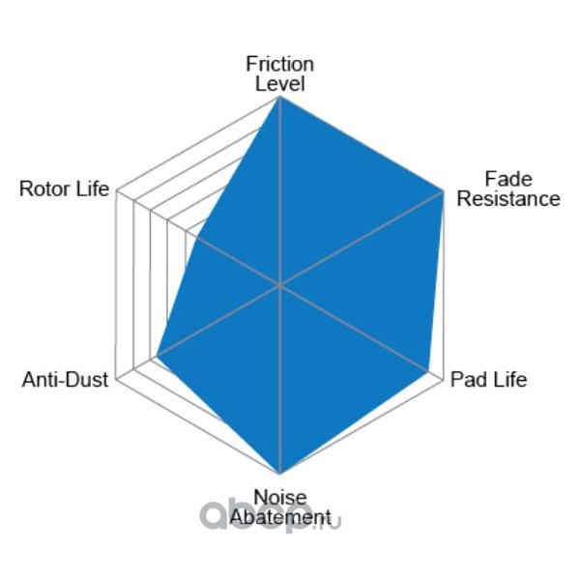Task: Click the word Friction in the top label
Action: pos(279,64)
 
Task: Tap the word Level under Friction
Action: pos(279,83)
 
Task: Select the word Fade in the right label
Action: pos(508,179)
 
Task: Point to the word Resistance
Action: pos(508,199)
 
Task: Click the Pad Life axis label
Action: pos(489,379)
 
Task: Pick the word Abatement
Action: pos(279,518)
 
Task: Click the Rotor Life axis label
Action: pos(64,188)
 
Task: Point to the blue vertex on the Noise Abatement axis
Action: pos(279,474)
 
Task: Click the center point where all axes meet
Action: pos(279,285)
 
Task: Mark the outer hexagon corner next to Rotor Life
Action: pos(116,191)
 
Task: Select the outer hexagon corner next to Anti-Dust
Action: pos(116,379)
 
